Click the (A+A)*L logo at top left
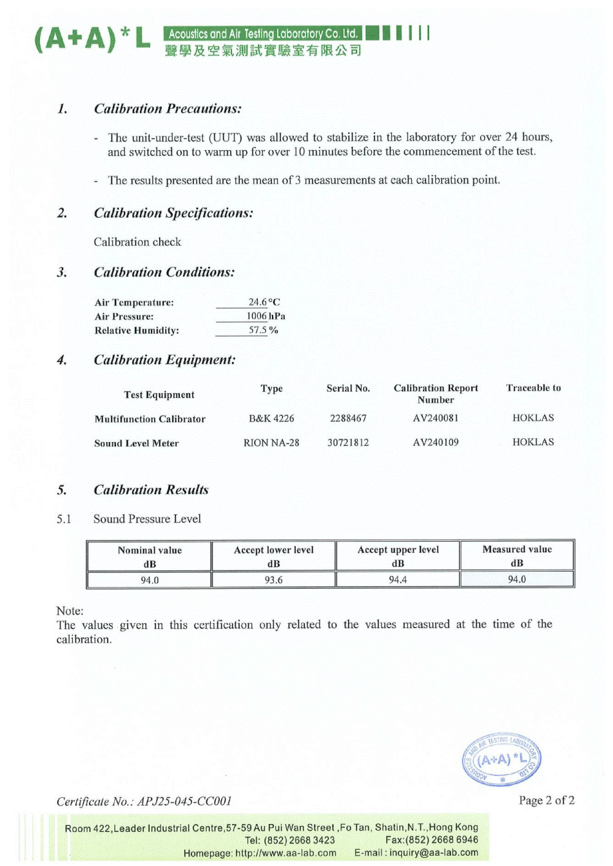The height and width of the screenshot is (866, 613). pos(92,40)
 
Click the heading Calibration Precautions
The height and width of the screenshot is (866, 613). pos(168,109)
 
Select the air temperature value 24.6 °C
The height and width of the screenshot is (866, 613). pos(264,302)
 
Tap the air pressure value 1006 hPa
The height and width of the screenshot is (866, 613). pos(265,316)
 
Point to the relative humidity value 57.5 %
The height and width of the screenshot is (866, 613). pos(263,330)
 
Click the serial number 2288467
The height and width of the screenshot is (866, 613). pos(348,418)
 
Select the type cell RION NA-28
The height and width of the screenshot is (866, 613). pos(271,443)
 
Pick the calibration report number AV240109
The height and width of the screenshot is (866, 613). pos(436,443)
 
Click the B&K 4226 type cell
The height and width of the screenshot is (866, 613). pos(271,418)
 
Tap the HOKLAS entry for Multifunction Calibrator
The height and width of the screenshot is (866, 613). pos(533,418)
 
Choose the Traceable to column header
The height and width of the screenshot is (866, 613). pos(533,388)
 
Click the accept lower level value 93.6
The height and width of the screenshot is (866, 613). pos(273,580)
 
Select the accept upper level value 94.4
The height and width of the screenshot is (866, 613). pos(398,580)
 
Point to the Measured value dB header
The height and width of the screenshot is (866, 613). pos(517,555)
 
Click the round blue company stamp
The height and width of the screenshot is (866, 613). pos(501,760)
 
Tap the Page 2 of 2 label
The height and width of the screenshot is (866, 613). pos(547,800)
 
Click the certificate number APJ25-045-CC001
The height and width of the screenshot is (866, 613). pos(184,802)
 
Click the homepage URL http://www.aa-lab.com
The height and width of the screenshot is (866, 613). pos(286,853)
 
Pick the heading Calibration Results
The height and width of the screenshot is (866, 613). pos(151,490)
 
